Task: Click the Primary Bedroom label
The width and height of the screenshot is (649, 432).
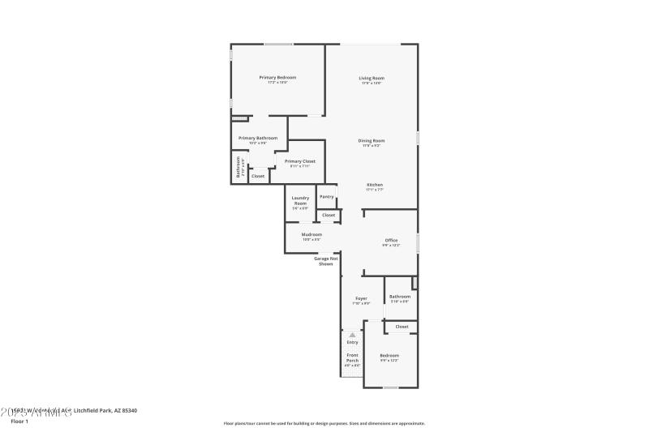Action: (277, 78)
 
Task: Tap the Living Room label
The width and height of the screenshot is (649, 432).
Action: (371, 78)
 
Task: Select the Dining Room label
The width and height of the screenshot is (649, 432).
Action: (372, 140)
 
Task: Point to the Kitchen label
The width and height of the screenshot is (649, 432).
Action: (374, 184)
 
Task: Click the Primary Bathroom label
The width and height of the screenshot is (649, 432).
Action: (258, 139)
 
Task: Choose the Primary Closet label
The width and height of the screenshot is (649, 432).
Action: (299, 161)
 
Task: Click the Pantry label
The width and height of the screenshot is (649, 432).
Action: (327, 197)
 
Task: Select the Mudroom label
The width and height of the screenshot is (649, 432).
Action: (312, 234)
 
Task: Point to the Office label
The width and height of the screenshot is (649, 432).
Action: (391, 240)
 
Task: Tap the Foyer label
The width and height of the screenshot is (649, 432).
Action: (361, 298)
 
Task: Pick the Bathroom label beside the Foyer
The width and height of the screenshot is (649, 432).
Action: (399, 297)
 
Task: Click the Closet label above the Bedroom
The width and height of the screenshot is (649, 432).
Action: (402, 327)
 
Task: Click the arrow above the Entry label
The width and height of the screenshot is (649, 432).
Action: (352, 334)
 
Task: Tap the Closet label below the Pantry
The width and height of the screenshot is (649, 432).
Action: (328, 215)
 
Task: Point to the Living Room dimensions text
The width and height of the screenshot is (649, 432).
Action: (371, 83)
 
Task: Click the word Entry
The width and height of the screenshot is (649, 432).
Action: (352, 342)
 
